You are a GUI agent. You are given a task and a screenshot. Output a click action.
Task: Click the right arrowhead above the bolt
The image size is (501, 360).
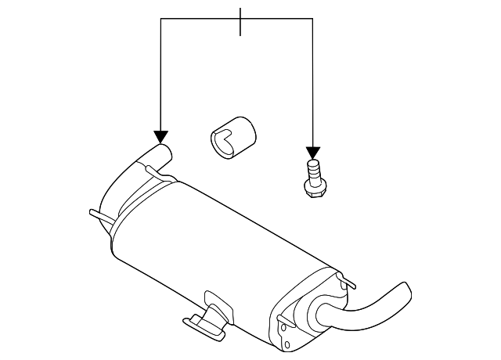point(313,152)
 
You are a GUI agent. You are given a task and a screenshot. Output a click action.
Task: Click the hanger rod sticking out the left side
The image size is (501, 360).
point(95,213)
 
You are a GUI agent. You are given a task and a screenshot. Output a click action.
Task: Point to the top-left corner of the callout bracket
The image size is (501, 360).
point(160,19)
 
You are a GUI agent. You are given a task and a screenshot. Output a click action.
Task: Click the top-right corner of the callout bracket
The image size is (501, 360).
point(313,19)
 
